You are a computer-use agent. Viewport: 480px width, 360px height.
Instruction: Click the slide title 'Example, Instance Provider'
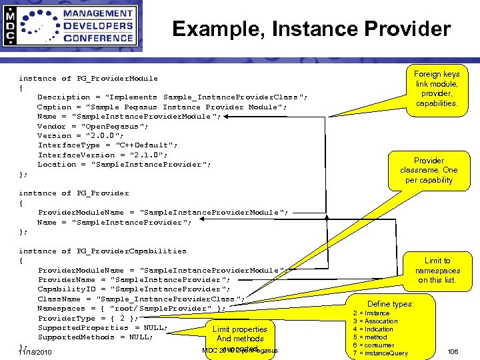311,29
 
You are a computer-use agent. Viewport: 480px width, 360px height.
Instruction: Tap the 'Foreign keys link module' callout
436,89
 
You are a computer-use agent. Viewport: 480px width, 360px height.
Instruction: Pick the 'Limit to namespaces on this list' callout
437,270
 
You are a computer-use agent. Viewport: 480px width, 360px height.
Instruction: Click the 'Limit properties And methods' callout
240,334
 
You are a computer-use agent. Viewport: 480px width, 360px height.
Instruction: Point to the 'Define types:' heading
390,304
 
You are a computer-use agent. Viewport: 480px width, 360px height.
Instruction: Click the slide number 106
453,351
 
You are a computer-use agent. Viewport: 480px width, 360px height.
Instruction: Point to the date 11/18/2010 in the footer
35,352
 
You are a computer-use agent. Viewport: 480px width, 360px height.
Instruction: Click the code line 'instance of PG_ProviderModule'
88,79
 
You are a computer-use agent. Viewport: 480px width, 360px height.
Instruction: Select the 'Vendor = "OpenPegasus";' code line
93,126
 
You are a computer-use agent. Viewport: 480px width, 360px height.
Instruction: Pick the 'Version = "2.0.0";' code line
81,136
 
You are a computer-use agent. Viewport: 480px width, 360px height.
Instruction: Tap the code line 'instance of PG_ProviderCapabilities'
103,251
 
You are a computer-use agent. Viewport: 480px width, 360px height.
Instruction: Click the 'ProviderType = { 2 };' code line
88,318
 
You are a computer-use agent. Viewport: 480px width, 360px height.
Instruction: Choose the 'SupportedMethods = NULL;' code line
95,337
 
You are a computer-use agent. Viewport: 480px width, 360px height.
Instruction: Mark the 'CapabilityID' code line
134,289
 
